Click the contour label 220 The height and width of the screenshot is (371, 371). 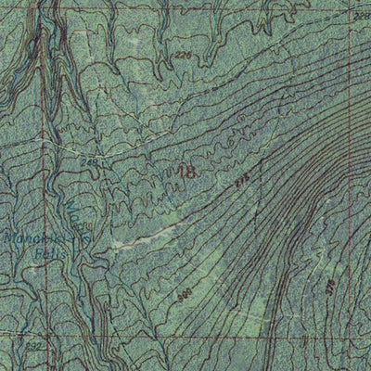(x=182, y=55)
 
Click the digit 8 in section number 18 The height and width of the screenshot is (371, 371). (x=190, y=171)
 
